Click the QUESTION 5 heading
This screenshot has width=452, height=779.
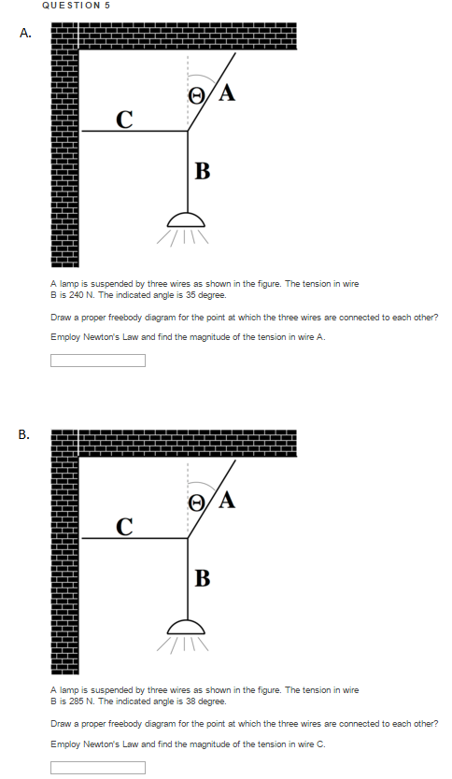[x=77, y=6]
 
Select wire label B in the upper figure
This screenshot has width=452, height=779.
[x=202, y=170]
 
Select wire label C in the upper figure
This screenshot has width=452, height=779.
[x=123, y=119]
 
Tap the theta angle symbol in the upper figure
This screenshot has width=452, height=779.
[x=196, y=93]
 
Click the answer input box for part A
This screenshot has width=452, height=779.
[x=98, y=361]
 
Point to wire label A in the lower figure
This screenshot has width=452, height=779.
[x=226, y=499]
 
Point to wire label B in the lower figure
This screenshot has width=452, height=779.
[x=202, y=577]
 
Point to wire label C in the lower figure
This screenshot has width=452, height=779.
[x=123, y=525]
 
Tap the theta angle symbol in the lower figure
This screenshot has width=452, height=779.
[x=196, y=501]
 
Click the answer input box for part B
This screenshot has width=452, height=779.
[x=98, y=768]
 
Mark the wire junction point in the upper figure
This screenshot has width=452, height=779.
[x=188, y=132]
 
